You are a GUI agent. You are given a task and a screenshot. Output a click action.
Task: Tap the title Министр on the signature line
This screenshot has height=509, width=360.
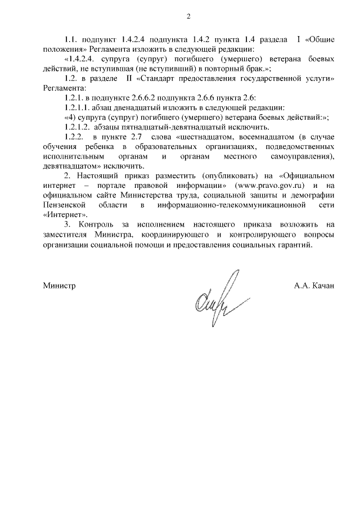tap(60, 286)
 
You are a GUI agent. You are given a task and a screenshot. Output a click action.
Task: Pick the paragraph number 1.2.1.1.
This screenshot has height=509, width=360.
tap(78, 107)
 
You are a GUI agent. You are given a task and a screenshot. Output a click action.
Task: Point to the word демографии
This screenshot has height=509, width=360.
tap(315, 195)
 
